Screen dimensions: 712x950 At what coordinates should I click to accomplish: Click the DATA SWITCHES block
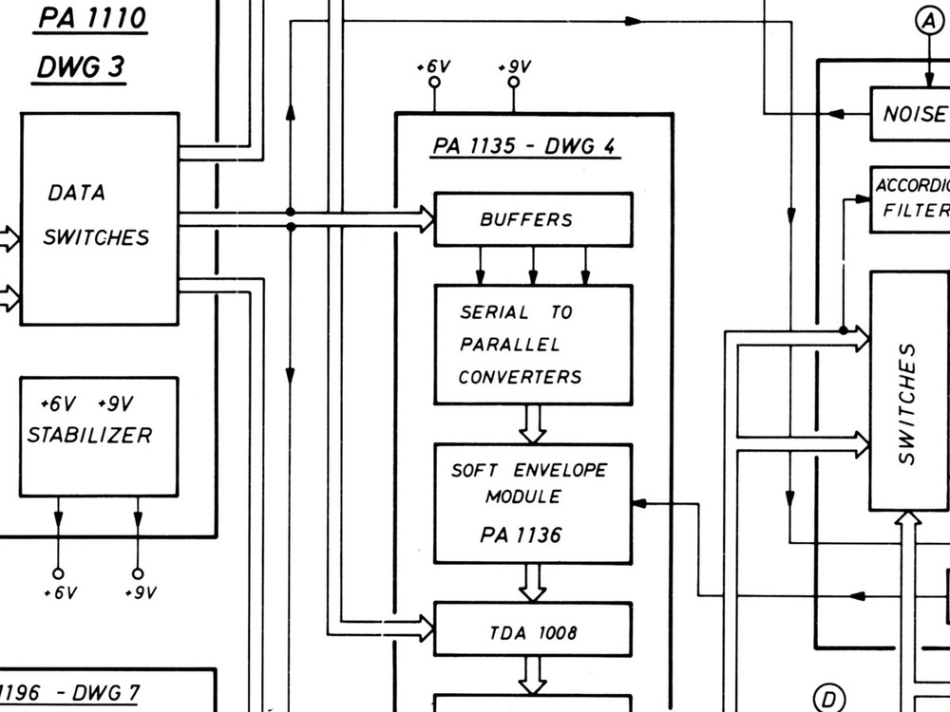pos(100,218)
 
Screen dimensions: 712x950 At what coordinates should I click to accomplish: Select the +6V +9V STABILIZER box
pos(99,436)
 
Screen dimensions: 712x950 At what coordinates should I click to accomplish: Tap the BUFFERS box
pos(533,219)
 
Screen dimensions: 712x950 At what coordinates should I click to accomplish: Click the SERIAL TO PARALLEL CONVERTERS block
pos(533,345)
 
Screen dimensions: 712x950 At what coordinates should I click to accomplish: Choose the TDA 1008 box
pos(533,629)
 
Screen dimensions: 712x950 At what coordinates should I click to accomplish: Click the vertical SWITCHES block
pos(909,391)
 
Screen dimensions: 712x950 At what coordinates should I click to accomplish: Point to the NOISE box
pos(910,114)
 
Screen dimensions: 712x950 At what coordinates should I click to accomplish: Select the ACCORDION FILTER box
pos(910,199)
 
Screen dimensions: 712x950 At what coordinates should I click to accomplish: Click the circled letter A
pos(927,20)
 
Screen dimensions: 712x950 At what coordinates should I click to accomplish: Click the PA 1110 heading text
pos(91,19)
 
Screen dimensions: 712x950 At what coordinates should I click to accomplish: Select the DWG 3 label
pos(81,68)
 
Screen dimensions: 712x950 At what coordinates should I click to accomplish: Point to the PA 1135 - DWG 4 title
pos(525,146)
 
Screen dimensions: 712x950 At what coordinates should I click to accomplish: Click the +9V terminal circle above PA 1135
pos(514,83)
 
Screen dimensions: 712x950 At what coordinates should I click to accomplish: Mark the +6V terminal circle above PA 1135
pos(434,83)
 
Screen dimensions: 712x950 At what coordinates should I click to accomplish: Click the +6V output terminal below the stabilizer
pos(58,573)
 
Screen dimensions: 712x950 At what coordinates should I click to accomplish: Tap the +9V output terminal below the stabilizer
pos(138,573)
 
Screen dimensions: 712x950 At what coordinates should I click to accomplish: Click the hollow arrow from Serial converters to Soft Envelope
pos(533,423)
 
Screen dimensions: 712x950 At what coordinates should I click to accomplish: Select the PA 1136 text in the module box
pos(521,535)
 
